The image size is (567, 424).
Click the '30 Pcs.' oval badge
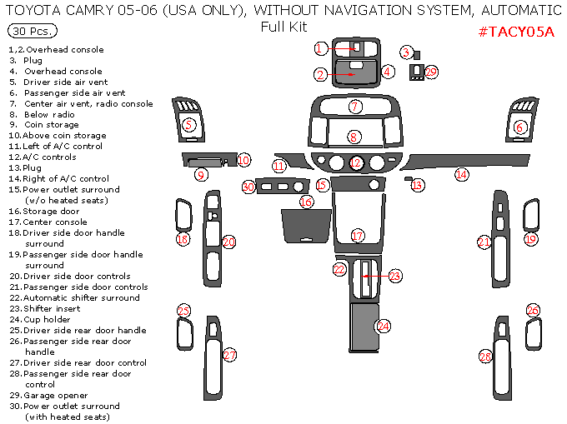click(33, 31)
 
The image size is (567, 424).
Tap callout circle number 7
click(355, 107)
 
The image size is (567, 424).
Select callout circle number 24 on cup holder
click(384, 326)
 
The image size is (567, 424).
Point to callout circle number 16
click(306, 202)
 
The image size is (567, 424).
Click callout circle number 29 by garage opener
click(431, 72)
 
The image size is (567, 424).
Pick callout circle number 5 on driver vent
click(188, 125)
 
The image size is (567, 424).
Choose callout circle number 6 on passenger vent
click(520, 127)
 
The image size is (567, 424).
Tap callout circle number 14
click(461, 174)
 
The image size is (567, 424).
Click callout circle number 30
click(248, 187)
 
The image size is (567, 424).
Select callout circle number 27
click(229, 356)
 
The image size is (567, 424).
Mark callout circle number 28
click(485, 357)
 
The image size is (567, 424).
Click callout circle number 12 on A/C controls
click(356, 162)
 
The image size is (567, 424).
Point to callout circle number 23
click(394, 275)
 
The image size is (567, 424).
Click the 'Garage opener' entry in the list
click(54, 396)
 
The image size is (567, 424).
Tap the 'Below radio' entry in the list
click(50, 115)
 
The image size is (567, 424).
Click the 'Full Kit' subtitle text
click(283, 26)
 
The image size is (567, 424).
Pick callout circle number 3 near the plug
click(405, 52)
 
